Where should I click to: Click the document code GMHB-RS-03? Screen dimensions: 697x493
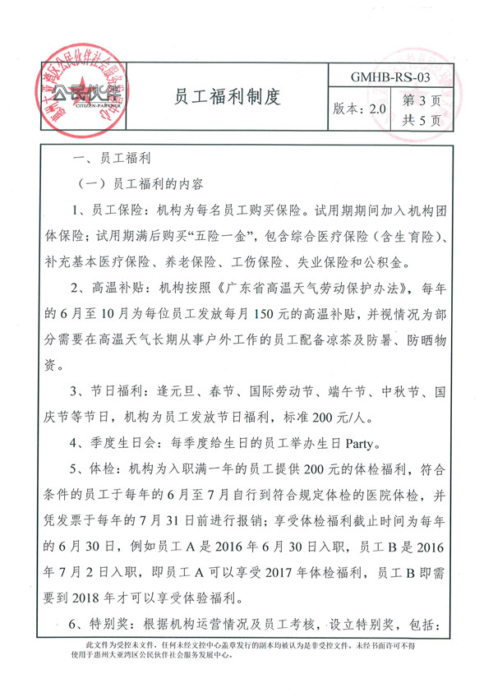tap(390, 77)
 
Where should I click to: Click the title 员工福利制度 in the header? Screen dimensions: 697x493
tap(228, 97)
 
